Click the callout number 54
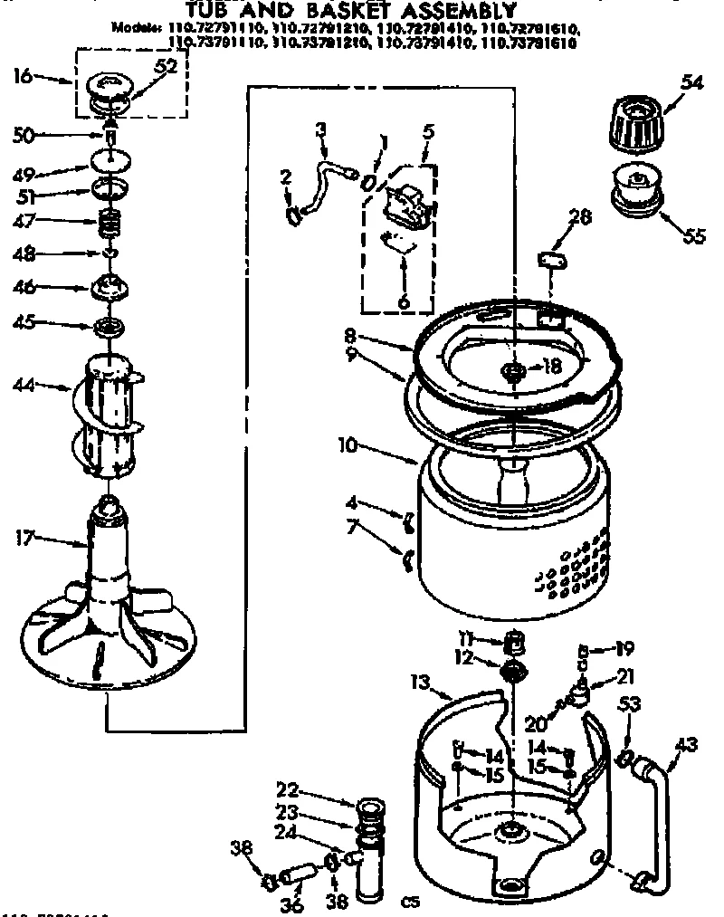point(691,82)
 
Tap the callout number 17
point(24,539)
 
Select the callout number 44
point(24,387)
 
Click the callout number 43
point(687,744)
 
